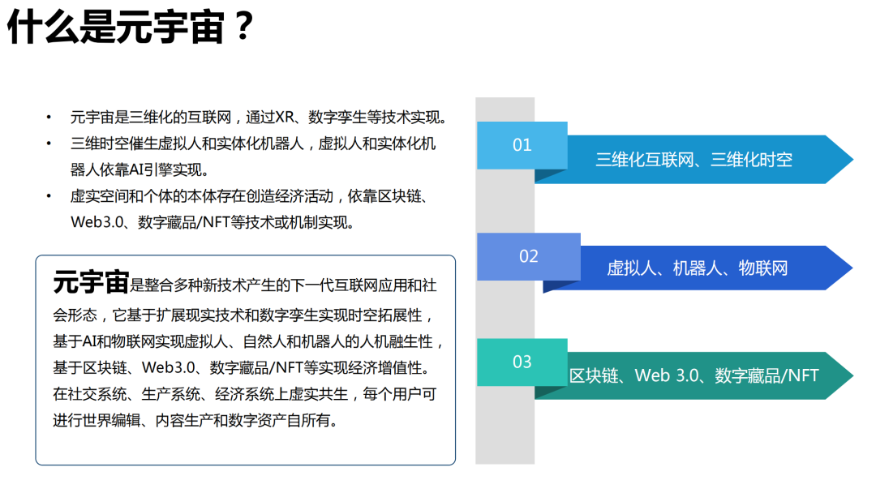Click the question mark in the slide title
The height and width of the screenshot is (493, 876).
(243, 26)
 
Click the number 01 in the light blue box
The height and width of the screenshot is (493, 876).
(522, 145)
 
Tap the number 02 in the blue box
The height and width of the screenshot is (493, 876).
(529, 256)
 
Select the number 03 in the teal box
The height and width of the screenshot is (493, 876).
(522, 362)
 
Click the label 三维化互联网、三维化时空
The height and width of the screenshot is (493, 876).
(693, 160)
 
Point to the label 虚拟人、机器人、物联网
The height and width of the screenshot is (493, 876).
(698, 268)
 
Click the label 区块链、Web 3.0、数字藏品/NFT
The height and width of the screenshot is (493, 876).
(693, 375)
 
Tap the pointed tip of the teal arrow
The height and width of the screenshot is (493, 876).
(852, 375)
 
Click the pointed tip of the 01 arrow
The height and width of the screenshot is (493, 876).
(852, 160)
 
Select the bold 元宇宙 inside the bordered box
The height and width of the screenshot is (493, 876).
(91, 282)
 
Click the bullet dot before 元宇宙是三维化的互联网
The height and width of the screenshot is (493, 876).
(49, 118)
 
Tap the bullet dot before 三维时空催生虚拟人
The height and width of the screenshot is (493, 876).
(49, 144)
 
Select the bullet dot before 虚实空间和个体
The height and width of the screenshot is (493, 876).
(49, 196)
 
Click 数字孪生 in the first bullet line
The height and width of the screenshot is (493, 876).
(337, 118)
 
